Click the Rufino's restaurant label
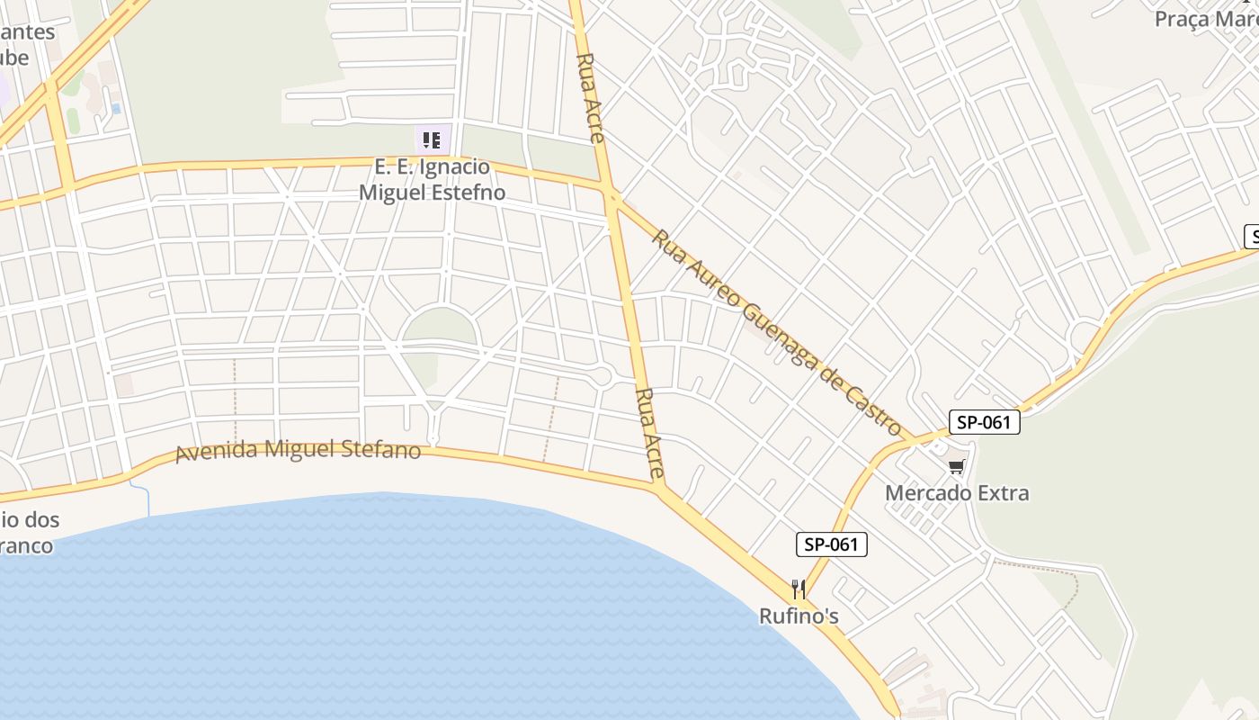799,616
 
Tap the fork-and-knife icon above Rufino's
799,589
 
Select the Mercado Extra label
957,493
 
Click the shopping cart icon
956,466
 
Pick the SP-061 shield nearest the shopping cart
984,422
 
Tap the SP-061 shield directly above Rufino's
832,544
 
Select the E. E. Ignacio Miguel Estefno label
432,179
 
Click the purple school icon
432,139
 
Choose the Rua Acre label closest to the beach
649,432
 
